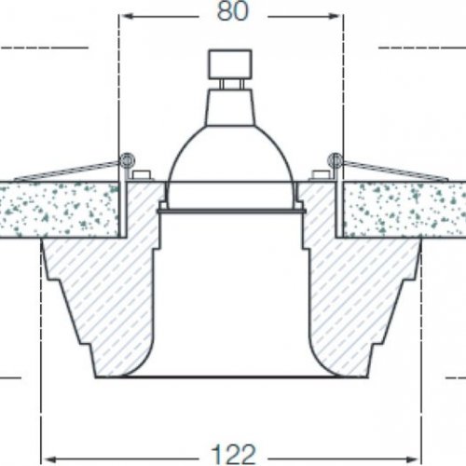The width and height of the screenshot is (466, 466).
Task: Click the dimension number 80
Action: pos(233,11)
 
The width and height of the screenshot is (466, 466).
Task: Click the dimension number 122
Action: pos(233,454)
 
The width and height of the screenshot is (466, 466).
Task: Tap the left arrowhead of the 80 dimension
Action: pos(128,16)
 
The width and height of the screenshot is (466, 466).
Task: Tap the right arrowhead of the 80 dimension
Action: pos(334,16)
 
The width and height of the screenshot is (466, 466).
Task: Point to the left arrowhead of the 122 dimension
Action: pos(50,459)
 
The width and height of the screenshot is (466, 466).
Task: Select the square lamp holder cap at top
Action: pos(230,64)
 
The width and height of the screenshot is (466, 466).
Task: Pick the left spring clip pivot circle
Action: pos(128,160)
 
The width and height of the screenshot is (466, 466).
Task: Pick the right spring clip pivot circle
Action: pos(335,160)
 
